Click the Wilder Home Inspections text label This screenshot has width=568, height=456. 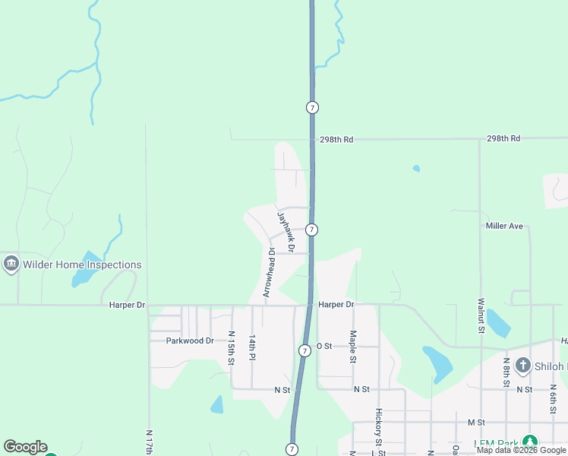pyautogui.click(x=82, y=265)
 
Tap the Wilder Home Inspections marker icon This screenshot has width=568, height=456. pyautogui.click(x=11, y=264)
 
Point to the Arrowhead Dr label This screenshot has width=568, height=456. pyautogui.click(x=268, y=271)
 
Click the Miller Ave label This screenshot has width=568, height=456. pyautogui.click(x=504, y=226)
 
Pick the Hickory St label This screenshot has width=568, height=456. pyautogui.click(x=377, y=427)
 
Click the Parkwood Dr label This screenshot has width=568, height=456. pyautogui.click(x=191, y=340)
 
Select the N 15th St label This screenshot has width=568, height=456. pyautogui.click(x=232, y=348)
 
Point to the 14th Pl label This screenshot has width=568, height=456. pyautogui.click(x=252, y=346)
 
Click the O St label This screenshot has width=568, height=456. pyautogui.click(x=324, y=346)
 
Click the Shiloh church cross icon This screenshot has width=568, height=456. pyautogui.click(x=522, y=366)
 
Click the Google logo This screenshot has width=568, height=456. pyautogui.click(x=25, y=447)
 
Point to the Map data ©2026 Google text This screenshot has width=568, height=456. pyautogui.click(x=521, y=450)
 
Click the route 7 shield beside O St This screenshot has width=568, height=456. pyautogui.click(x=304, y=350)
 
